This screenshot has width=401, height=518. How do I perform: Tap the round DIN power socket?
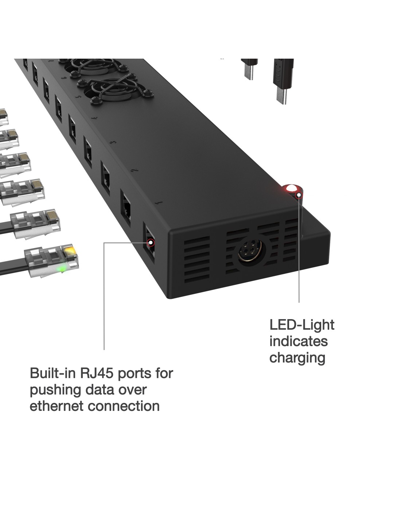pyautogui.click(x=251, y=252)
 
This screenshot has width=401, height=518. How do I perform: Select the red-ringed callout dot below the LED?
pyautogui.click(x=299, y=195)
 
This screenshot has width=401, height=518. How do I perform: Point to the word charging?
pyautogui.click(x=297, y=358)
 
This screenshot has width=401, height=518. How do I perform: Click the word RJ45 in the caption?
pyautogui.click(x=96, y=373)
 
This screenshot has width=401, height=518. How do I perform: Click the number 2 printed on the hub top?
pyautogui.click(x=134, y=170)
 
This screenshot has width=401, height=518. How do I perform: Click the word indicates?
pyautogui.click(x=298, y=341)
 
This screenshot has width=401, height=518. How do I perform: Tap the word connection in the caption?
pyautogui.click(x=126, y=406)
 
